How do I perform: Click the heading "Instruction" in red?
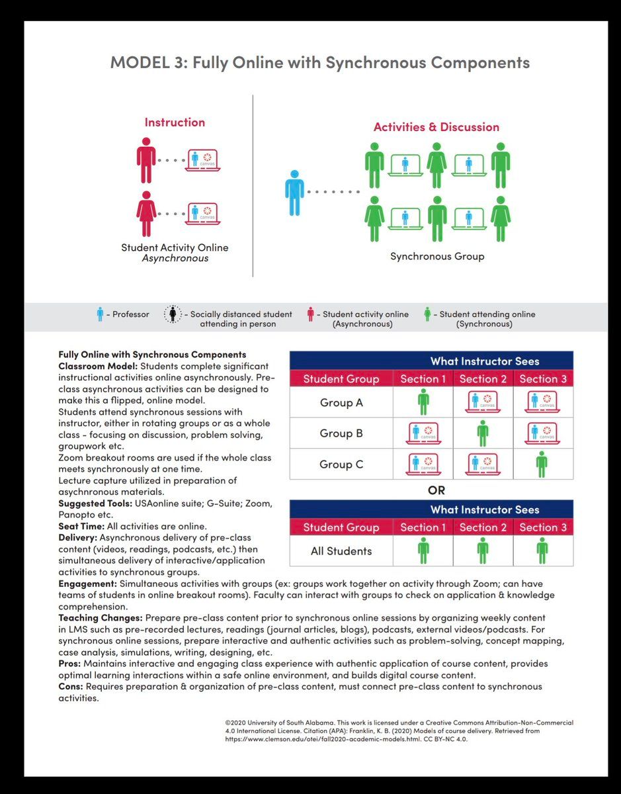click(175, 122)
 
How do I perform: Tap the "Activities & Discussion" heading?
click(436, 127)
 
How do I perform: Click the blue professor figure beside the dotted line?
click(294, 192)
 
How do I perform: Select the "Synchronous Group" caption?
click(436, 256)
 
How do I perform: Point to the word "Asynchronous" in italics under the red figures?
click(175, 259)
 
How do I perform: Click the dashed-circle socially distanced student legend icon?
click(172, 315)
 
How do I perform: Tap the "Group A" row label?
click(341, 402)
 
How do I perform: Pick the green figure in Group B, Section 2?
click(483, 433)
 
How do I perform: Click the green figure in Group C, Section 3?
click(542, 464)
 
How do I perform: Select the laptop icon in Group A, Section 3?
click(542, 402)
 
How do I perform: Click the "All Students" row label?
click(341, 551)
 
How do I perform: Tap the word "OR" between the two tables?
click(436, 490)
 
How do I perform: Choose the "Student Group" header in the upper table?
click(341, 379)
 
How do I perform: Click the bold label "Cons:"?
click(71, 686)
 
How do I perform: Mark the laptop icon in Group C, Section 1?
click(423, 464)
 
